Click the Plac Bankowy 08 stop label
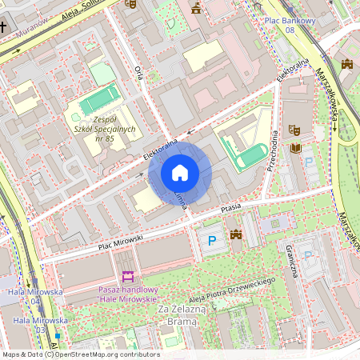point(290,25)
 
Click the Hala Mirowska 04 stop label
point(35,297)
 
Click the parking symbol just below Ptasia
point(212,241)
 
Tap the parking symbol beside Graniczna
point(308,255)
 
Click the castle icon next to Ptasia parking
point(236,234)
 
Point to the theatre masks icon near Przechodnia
point(294,128)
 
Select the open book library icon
point(296,148)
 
